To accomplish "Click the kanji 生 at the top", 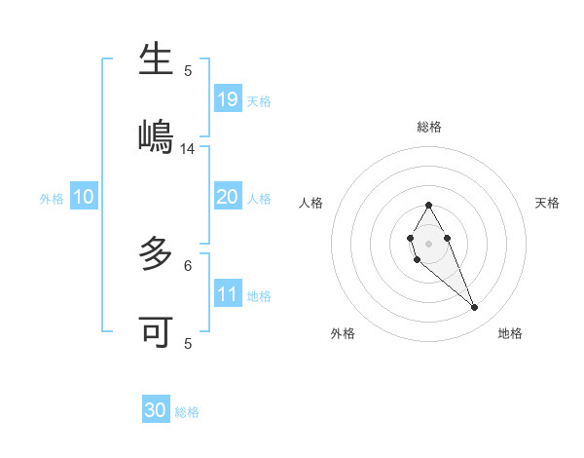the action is pos(156,60).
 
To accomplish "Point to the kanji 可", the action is pos(156,332).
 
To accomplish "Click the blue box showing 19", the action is pos(228,99).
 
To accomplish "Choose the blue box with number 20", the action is pos(228,197).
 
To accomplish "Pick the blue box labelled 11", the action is pos(228,294).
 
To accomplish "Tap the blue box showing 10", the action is pos(84,197).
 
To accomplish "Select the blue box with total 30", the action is pos(156,410).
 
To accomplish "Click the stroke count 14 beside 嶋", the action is pos(188,149).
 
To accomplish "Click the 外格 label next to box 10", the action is pos(52,199).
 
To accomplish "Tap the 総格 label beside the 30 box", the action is pos(187,412).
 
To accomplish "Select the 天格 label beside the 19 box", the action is pos(259,101).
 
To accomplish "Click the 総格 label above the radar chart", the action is pos(429,127).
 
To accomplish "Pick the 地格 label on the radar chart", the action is pos(510,333).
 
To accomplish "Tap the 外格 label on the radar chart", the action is pos(343,333).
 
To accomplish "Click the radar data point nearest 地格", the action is pos(475,308).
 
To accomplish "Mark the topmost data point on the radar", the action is pos(428,205).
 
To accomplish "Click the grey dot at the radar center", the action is pos(428,242).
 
